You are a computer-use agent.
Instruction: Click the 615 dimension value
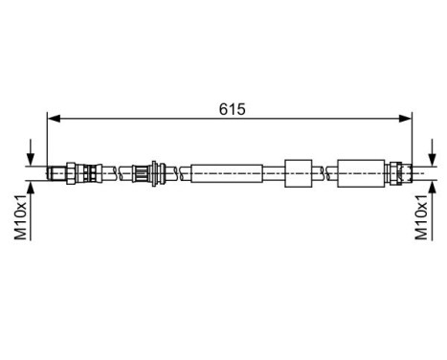tap(231, 108)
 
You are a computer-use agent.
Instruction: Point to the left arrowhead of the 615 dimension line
tap(54, 120)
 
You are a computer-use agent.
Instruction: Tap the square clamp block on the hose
tap(298, 172)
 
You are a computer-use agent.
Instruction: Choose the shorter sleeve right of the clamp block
tap(360, 172)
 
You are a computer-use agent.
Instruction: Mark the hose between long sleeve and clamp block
tap(271, 172)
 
